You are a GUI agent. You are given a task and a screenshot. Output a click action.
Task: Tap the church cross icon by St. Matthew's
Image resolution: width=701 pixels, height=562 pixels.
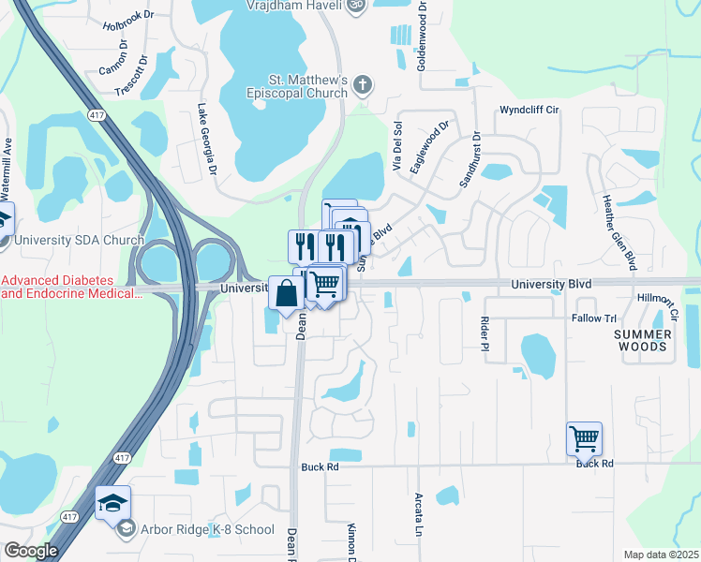[x=364, y=86]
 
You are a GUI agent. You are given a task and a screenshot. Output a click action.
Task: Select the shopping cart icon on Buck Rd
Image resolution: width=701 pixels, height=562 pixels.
[x=584, y=437]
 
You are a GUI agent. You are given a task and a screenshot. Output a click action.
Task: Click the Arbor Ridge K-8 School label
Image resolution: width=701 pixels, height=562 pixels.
[x=206, y=529]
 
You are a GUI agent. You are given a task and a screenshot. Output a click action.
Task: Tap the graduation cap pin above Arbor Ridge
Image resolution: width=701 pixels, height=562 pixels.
[x=112, y=503]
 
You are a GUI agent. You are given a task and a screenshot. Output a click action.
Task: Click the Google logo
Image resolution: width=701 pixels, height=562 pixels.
[x=31, y=551]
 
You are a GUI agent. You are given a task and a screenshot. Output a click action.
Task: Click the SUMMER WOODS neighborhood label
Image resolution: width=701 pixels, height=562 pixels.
[x=643, y=340]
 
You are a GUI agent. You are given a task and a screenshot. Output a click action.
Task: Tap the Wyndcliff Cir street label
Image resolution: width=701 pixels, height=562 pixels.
[x=529, y=110]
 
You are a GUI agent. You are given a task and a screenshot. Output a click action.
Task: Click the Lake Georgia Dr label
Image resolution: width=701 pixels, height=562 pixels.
[x=204, y=141]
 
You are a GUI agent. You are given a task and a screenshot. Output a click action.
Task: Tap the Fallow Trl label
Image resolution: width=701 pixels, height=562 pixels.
[x=593, y=318]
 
